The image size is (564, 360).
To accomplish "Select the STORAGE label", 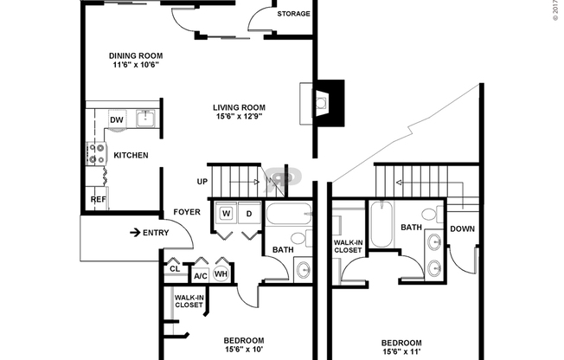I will (x=293, y=14).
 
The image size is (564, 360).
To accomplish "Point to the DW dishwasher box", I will (x=116, y=119).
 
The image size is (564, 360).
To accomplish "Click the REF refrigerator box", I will (x=98, y=199).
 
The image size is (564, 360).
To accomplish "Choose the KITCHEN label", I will (x=131, y=156).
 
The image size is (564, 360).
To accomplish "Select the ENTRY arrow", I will (x=136, y=232).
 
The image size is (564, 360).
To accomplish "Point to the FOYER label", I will (x=187, y=212).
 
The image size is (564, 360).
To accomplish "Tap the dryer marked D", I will (x=248, y=213).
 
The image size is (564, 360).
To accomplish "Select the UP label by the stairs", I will (x=202, y=182).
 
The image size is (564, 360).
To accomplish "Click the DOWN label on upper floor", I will (x=462, y=229).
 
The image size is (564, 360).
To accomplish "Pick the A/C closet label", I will (x=200, y=276).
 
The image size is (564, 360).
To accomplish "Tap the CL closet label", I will (x=175, y=269).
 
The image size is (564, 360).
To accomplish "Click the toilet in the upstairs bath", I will (x=429, y=215).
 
